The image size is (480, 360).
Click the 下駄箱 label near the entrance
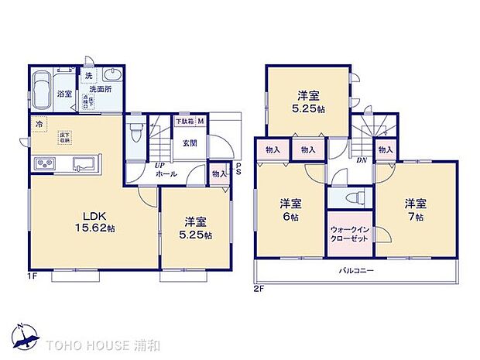[183, 122]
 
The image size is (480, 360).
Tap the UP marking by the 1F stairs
[159, 166]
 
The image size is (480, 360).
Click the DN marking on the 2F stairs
[362, 160]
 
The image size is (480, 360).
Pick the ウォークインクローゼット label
[348, 235]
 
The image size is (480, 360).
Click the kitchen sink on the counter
[84, 164]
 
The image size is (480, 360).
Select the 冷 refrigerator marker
[38, 123]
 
